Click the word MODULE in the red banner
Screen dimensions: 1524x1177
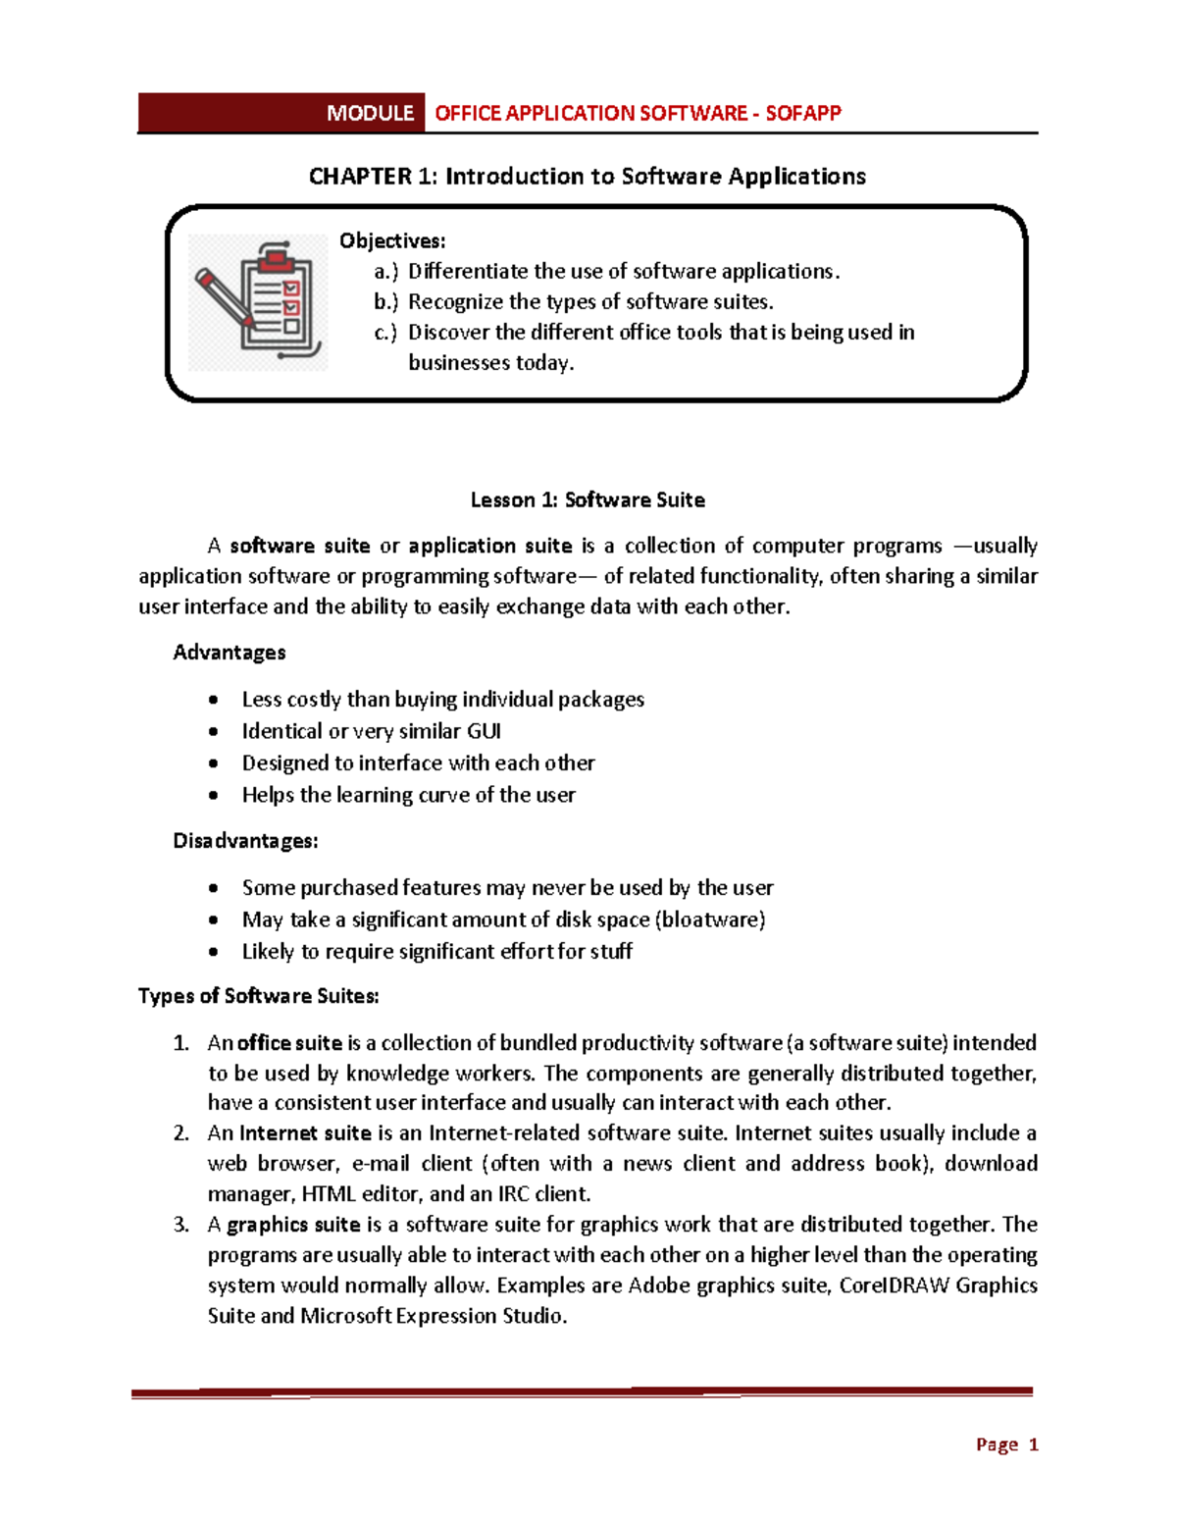click(370, 113)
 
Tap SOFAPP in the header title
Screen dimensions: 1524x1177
click(802, 113)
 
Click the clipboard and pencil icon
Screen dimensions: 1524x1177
click(258, 301)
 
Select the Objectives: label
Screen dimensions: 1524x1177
click(392, 240)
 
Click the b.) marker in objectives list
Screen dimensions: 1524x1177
click(385, 302)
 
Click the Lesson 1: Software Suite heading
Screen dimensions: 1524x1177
click(588, 500)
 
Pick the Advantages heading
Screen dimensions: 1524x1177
click(230, 653)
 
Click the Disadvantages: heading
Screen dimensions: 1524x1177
click(245, 841)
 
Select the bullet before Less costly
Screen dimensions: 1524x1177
click(214, 700)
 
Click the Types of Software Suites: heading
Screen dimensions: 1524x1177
click(259, 996)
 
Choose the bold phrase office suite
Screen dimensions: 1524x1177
click(289, 1043)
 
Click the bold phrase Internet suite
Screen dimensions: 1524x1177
click(305, 1133)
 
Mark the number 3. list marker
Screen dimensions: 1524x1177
click(180, 1225)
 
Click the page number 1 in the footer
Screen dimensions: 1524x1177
click(1033, 1445)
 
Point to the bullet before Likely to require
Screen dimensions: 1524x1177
click(214, 952)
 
